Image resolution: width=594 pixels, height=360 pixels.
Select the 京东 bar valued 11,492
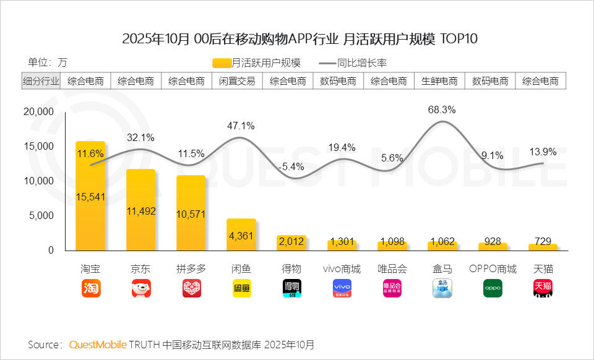140,210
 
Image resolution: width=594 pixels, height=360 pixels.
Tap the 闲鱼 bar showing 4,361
241,234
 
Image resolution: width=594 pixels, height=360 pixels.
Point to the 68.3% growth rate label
442,110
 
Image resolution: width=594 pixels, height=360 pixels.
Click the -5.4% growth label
291,166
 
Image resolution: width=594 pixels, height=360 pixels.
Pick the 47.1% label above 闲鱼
241,126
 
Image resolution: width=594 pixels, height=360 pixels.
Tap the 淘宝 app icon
90,288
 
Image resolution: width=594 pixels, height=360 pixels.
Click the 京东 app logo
140,288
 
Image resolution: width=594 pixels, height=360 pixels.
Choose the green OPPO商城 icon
493,288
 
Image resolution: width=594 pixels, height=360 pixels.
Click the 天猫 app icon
543,288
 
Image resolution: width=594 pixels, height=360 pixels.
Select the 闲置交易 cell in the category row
237,81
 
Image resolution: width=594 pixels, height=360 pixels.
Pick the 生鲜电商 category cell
439,81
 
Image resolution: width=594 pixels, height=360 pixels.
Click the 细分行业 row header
41,81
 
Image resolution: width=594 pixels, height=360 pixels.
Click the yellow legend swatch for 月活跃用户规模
222,62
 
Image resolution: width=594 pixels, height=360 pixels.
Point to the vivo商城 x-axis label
342,269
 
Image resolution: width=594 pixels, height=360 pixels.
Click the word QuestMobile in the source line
98,344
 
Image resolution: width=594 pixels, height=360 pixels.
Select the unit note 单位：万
47,62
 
